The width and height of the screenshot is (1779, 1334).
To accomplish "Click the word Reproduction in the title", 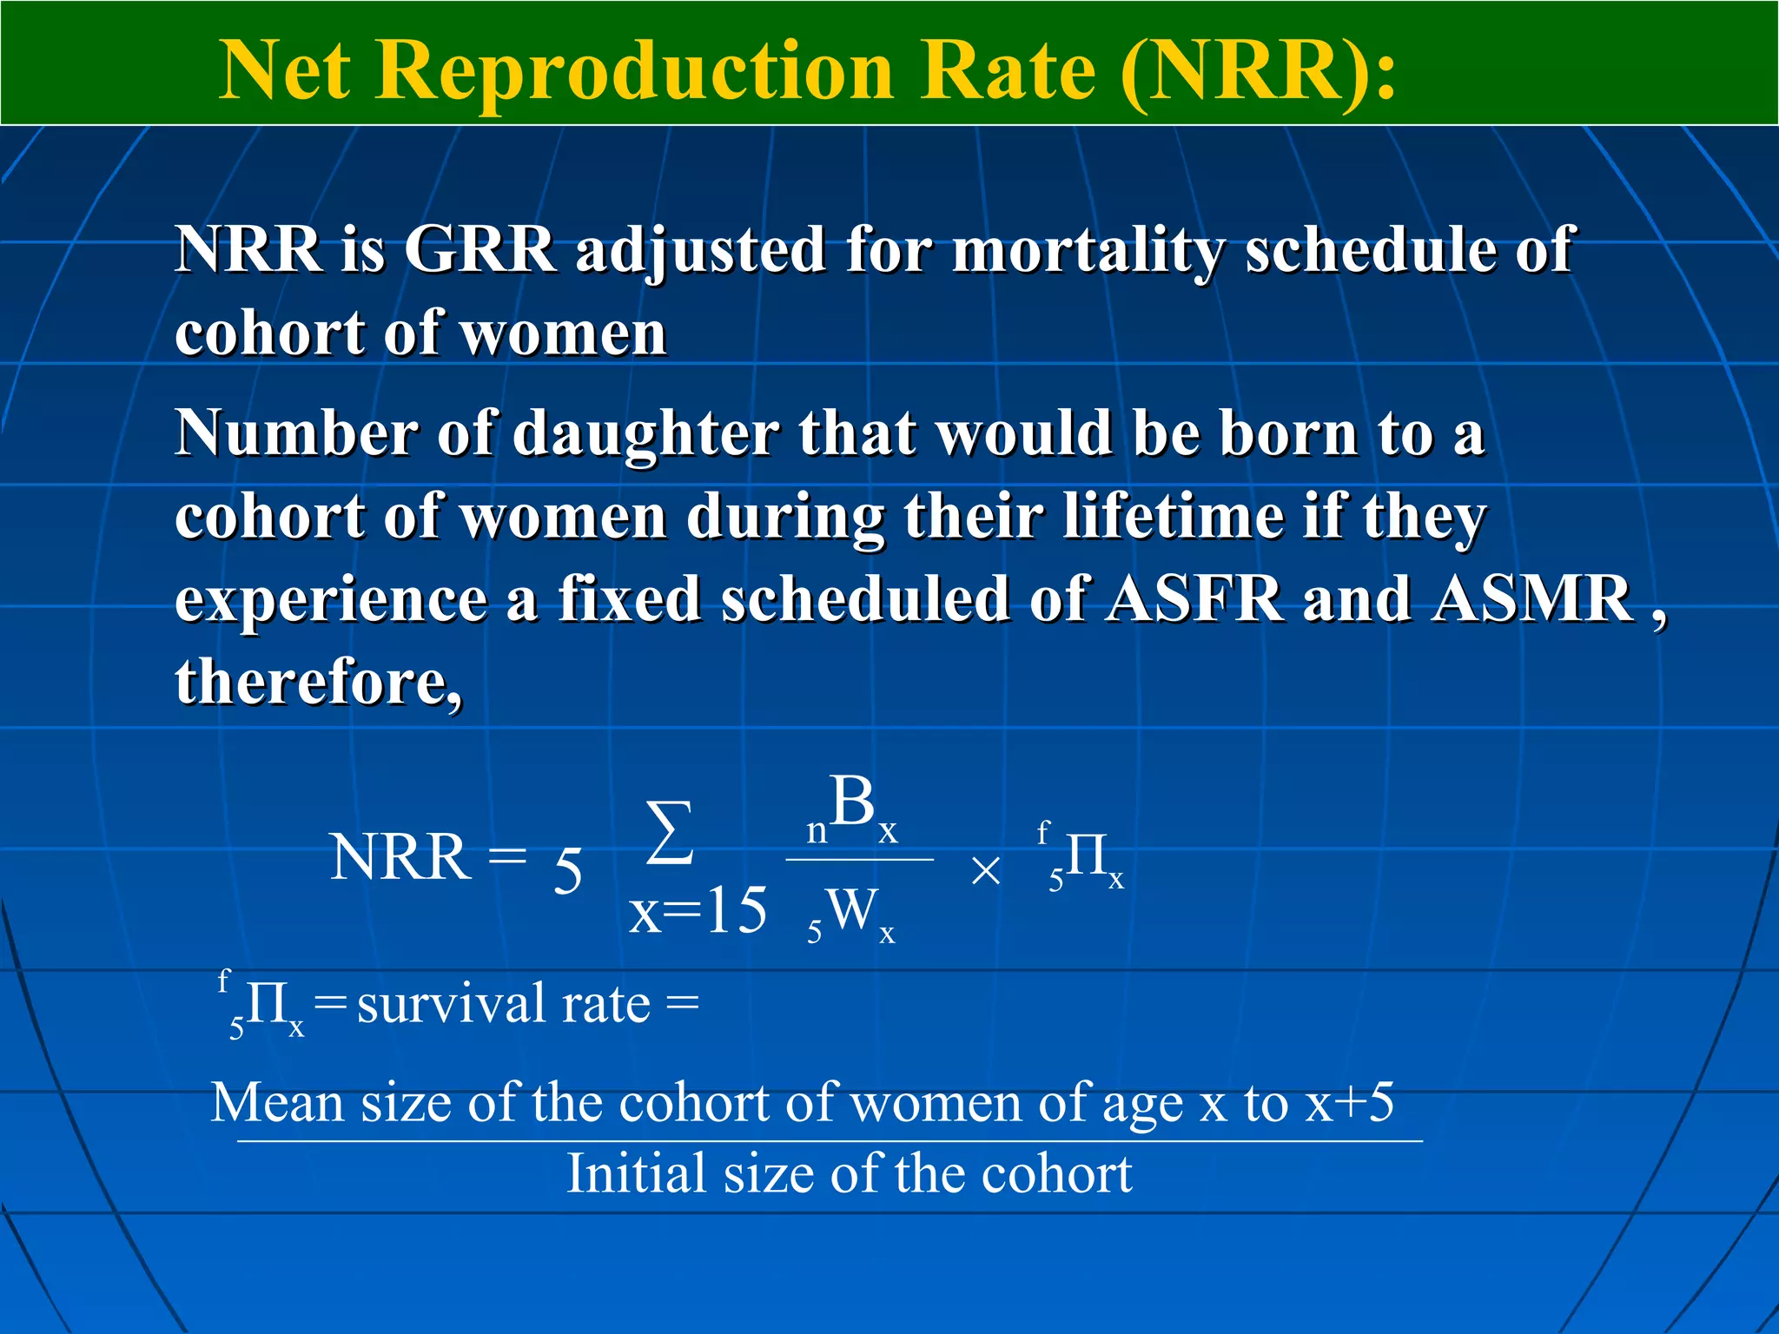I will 634,71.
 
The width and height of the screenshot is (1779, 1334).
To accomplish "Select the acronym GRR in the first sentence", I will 479,250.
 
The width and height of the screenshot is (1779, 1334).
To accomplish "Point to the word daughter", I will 646,434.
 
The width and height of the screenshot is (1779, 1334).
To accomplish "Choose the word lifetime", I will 1173,517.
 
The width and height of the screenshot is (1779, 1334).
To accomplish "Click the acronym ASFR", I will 1194,599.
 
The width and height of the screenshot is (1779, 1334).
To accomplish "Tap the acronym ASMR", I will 1533,599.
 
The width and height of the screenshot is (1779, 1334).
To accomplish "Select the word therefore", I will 317,682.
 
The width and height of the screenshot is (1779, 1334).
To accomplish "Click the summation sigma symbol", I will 670,834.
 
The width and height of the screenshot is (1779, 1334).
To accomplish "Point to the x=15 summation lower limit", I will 698,912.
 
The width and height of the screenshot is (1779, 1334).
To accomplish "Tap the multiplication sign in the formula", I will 986,870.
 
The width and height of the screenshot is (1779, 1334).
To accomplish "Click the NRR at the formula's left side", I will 400,858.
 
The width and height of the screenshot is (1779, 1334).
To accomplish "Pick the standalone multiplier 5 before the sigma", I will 567,870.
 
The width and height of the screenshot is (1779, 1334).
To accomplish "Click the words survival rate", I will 504,1005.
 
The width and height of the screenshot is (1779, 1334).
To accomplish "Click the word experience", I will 331,599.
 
